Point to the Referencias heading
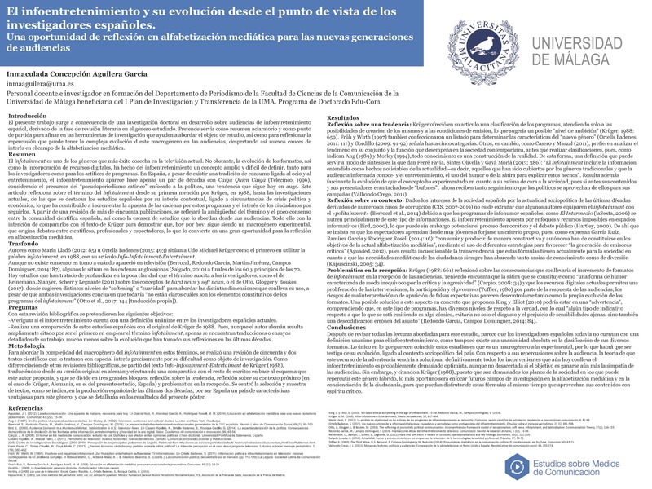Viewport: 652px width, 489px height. pyautogui.click(x=27, y=430)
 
